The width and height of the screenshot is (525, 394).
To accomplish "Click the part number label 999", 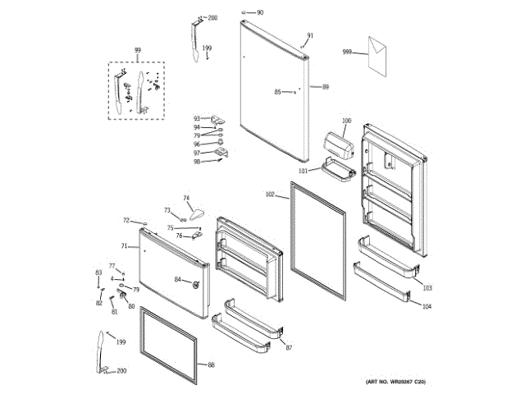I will (x=347, y=53).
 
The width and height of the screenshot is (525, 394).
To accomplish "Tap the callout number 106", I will (x=346, y=121).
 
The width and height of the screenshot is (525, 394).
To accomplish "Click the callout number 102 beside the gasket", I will (x=270, y=195).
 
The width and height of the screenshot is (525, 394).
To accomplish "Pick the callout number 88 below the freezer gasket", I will (x=211, y=364).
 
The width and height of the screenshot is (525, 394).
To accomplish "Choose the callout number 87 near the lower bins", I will (x=289, y=349).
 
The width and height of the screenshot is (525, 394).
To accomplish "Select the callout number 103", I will (x=427, y=288).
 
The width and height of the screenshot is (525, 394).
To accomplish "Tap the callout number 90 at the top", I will (x=260, y=12).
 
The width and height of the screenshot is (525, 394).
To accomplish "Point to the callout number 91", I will (x=310, y=35).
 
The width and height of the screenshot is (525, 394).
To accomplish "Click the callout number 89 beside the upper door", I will (x=326, y=86).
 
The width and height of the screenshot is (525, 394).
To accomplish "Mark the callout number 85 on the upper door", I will (x=277, y=91).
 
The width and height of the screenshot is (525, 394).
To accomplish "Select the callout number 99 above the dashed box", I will (x=137, y=51).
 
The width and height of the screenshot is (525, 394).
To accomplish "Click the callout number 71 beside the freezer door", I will (x=124, y=246).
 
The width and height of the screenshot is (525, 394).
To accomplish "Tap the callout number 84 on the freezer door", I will (x=177, y=280).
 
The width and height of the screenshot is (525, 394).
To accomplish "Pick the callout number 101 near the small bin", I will (x=302, y=171).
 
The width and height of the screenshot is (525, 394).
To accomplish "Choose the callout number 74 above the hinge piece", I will (x=186, y=198).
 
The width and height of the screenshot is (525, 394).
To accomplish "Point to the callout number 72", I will (x=126, y=220).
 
